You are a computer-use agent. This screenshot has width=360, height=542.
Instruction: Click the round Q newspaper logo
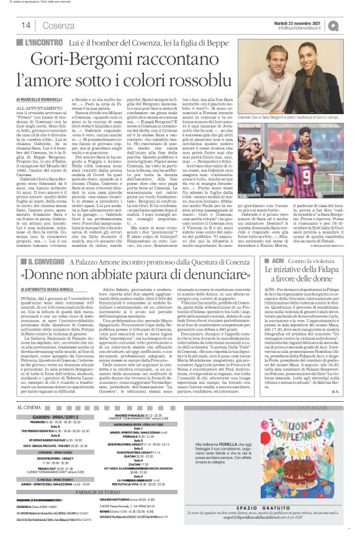[x=351, y=25]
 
